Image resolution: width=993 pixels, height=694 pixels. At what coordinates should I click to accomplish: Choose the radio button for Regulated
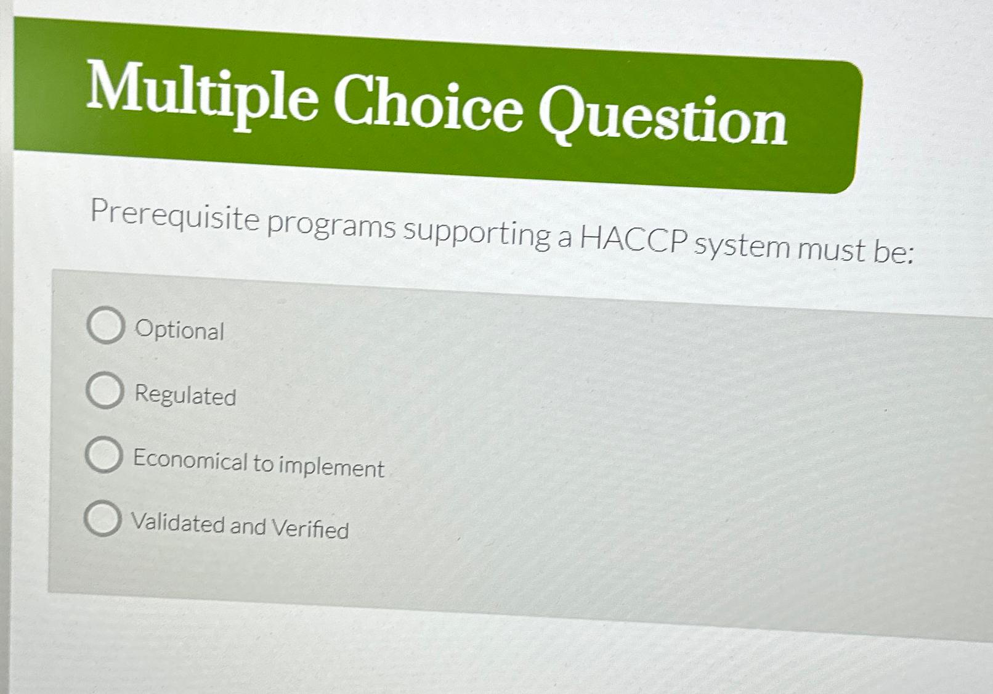pos(104,390)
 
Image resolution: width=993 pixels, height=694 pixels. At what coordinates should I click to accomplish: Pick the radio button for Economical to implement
pos(103,455)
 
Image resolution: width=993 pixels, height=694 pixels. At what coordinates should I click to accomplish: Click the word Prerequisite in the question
pos(175,216)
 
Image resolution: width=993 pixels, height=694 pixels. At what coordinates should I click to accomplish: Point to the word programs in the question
pos(331,226)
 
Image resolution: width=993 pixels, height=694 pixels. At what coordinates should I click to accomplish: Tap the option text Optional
pos(179,330)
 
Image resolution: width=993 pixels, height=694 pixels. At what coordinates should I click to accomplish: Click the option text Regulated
pos(185,395)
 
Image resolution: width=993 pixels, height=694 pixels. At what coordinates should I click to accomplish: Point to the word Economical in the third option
pos(190,459)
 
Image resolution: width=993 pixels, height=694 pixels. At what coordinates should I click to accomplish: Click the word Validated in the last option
pos(177,523)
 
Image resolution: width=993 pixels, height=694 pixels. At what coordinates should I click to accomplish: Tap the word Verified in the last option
pos(310,529)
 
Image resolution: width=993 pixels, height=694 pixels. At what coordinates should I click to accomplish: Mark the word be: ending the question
pos(893,252)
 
